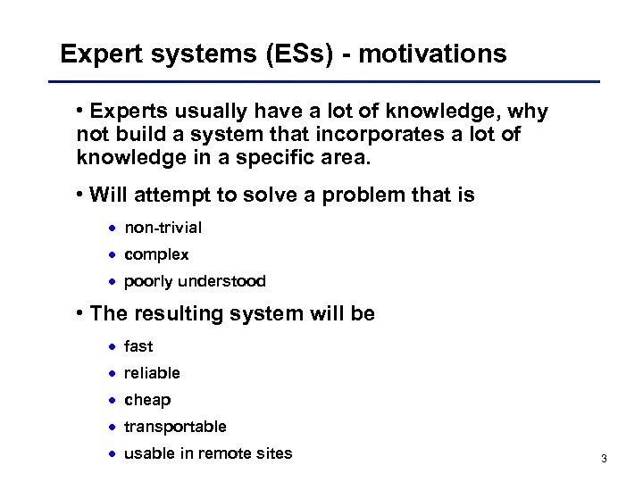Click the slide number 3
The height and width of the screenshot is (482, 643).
coord(605,459)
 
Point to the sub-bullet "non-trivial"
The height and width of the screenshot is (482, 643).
coord(163,228)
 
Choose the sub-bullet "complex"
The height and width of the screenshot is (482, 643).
coord(156,254)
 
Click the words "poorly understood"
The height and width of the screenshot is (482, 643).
coord(195,281)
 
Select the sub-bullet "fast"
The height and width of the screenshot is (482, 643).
coord(138,345)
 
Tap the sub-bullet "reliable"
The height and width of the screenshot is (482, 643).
coord(152,372)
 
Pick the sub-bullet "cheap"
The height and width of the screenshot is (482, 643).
coord(147,399)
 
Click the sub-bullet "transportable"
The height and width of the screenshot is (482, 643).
coord(175,426)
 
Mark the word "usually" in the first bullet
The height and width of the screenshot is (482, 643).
coord(196,112)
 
